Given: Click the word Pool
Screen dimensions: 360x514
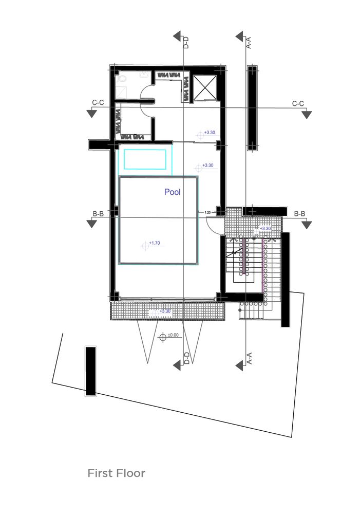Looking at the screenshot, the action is [x=173, y=192].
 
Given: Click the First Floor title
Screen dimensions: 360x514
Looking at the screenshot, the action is [x=116, y=473].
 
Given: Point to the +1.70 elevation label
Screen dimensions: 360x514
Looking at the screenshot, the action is [x=155, y=243].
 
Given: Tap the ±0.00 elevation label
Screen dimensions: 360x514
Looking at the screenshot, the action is [x=173, y=335].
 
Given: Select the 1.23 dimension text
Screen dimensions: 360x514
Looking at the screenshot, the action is [x=207, y=212].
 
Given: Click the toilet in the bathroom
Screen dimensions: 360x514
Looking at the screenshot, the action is [x=122, y=78].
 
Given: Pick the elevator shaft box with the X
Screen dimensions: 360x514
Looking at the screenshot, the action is [x=204, y=87].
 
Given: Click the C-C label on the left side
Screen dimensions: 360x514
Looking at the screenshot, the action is [x=98, y=103].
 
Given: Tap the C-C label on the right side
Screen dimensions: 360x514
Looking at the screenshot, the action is [x=298, y=104].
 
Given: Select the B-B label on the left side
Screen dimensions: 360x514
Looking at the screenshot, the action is [x=98, y=214].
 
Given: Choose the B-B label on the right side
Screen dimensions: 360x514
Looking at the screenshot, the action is [x=300, y=214].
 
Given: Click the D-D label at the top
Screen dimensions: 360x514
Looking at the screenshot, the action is [x=186, y=43].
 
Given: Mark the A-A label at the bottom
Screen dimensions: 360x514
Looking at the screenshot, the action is [x=249, y=358].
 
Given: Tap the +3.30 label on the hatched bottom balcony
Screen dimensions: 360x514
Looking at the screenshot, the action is [x=165, y=311].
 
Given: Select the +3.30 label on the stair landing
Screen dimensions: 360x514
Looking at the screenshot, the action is [x=266, y=229].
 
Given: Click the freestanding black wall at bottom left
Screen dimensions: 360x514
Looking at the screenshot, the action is [x=91, y=371].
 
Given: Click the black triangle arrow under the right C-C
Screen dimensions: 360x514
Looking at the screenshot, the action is [x=307, y=115].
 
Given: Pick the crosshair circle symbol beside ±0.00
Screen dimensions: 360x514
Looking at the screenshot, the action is [x=163, y=337].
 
